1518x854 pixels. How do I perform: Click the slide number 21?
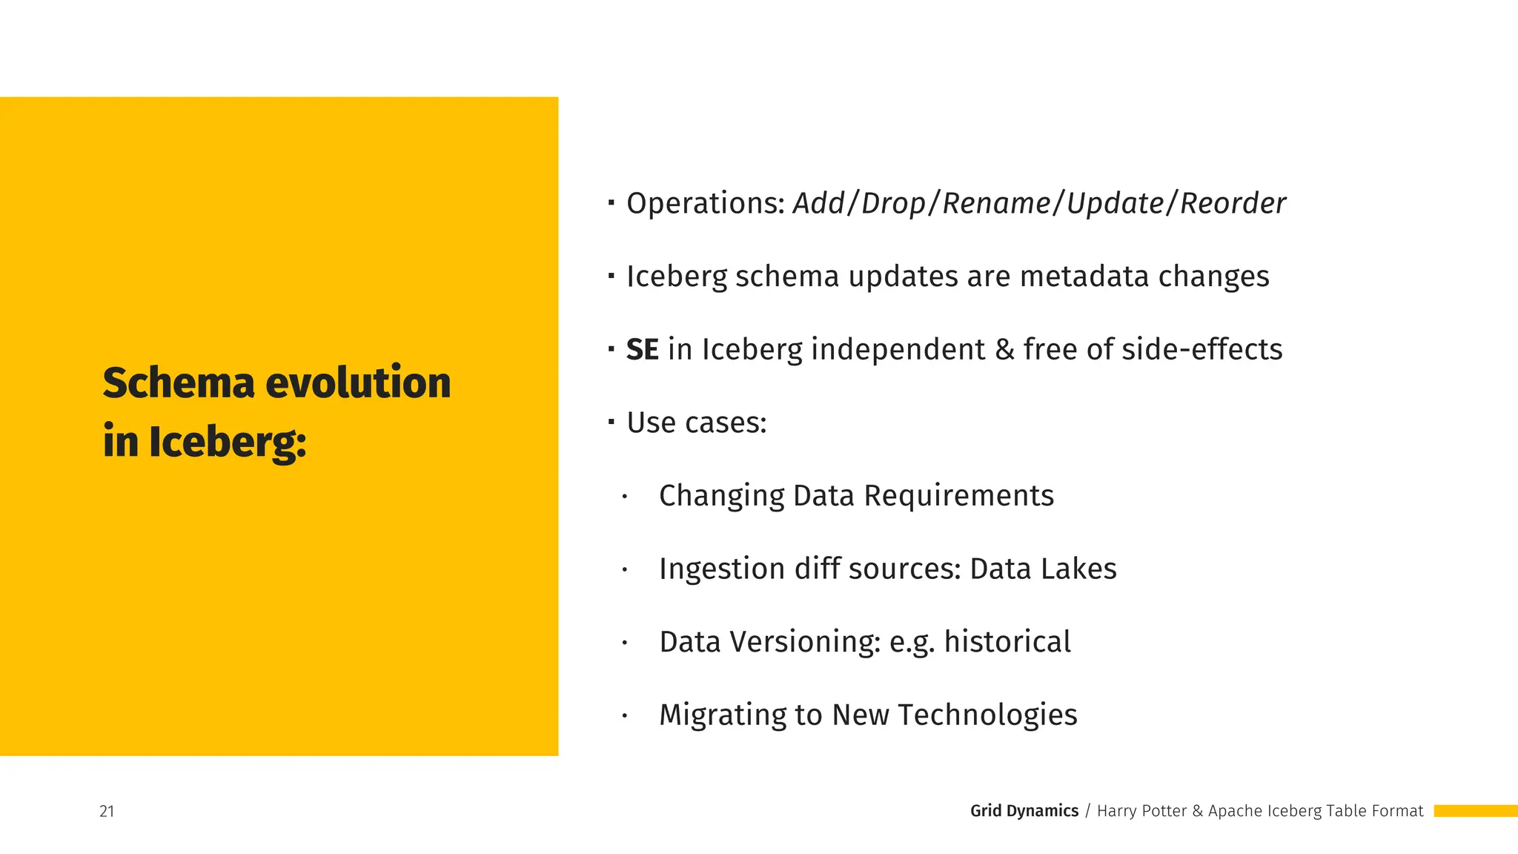[x=107, y=811]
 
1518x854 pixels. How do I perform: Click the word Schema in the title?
[x=178, y=383]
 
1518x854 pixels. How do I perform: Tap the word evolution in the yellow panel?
[x=358, y=383]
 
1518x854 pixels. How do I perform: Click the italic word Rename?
[x=996, y=203]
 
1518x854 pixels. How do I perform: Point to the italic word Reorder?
[x=1233, y=203]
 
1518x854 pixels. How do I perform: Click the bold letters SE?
[x=642, y=349]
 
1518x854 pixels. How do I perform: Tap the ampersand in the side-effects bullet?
[x=1004, y=349]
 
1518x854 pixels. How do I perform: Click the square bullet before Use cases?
[x=611, y=422]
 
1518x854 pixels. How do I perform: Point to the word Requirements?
[x=958, y=496]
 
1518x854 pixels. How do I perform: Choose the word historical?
[x=1007, y=642]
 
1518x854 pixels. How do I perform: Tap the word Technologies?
[x=987, y=715]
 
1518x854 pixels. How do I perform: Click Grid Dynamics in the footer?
[x=1024, y=811]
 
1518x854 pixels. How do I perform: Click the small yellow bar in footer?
[x=1475, y=811]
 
